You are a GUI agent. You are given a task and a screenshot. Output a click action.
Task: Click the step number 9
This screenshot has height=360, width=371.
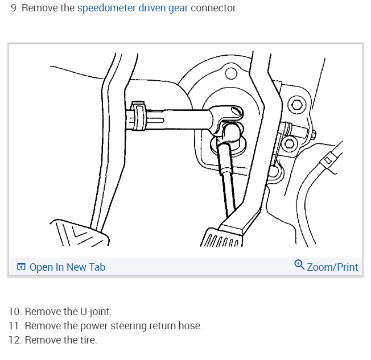14,9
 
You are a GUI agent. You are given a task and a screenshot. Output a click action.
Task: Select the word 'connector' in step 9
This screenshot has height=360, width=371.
214,9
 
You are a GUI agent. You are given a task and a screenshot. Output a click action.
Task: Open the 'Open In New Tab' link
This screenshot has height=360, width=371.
67,267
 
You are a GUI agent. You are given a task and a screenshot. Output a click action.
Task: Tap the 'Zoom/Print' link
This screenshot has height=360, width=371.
332,267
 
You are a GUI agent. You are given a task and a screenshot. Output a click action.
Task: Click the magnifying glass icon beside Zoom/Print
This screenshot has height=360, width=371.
299,266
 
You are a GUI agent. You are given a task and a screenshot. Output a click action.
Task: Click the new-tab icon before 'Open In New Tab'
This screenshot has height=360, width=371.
21,267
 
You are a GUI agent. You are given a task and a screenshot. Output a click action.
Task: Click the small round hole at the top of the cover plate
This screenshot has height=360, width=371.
230,73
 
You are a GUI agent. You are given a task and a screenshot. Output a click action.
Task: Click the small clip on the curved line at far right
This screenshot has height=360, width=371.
328,160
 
